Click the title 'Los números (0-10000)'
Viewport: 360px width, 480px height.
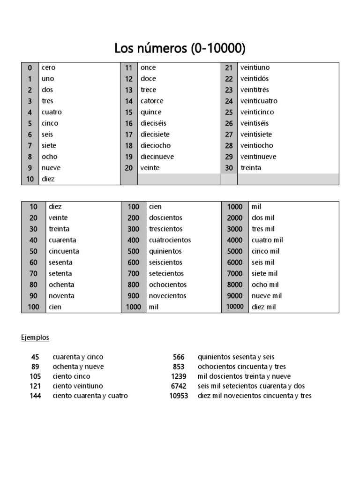180,48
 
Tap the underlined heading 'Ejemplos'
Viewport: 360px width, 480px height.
35,337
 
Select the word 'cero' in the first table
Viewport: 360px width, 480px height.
48,67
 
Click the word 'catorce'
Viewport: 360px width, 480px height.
152,101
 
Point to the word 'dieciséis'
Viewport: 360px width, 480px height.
153,123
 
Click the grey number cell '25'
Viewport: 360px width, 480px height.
229,112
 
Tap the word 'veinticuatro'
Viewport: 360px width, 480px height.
259,101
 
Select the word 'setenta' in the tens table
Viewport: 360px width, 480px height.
60,273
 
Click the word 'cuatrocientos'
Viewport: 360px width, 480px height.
170,240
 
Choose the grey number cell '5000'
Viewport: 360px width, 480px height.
235,251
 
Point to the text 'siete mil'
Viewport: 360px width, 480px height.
265,273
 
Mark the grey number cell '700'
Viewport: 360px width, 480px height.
134,273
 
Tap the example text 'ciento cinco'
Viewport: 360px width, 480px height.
71,376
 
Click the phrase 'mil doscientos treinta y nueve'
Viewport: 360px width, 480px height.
244,376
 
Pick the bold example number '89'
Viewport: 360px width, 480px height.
36,367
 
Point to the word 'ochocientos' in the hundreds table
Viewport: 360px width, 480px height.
168,285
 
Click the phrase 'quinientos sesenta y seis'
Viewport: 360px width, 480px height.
236,357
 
